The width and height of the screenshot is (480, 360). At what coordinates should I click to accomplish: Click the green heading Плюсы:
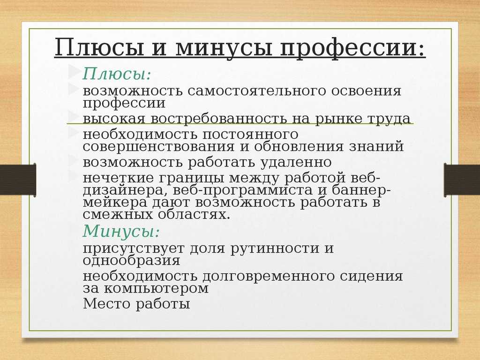pyautogui.click(x=117, y=74)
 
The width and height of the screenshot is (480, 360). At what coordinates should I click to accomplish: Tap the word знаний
pyautogui.click(x=376, y=146)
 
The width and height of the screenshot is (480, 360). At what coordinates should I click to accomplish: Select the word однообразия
pyautogui.click(x=131, y=261)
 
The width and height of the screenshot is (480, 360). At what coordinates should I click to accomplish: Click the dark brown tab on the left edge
pyautogui.click(x=18, y=180)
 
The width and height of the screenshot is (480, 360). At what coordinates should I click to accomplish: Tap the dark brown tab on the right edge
pyautogui.click(x=462, y=180)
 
